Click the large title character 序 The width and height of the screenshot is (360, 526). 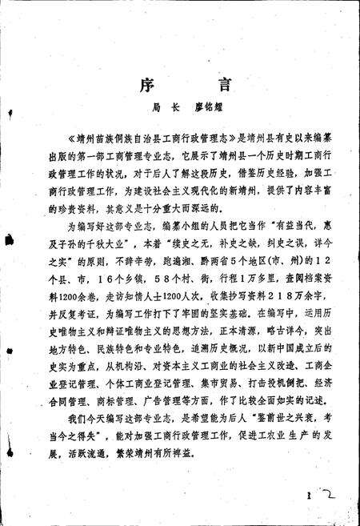pyautogui.click(x=138, y=83)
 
